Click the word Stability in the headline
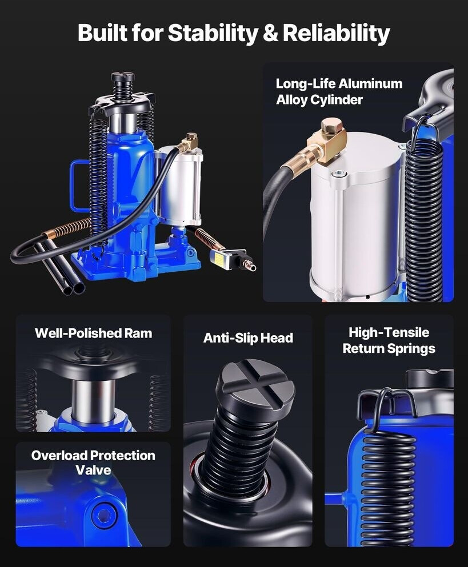coord(213,33)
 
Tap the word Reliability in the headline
coord(336,33)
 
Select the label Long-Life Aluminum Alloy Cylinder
coord(339,91)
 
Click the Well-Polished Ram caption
coord(93,333)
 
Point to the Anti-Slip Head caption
coord(248,337)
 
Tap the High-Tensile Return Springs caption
coord(389,340)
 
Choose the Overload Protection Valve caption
coord(93,463)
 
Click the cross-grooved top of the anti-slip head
coord(256,380)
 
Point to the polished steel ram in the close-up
coord(93,400)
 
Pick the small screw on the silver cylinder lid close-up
coord(338,174)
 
